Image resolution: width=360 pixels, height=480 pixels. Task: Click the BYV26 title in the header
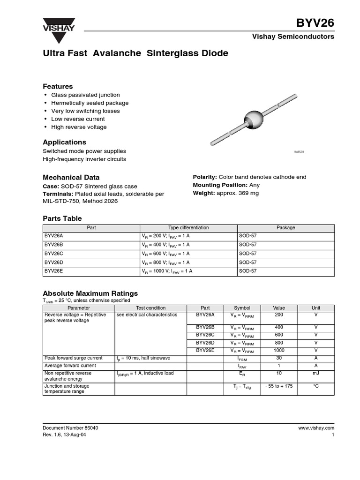[x=315, y=23]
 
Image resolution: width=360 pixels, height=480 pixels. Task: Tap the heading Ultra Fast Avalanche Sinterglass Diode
[x=135, y=53]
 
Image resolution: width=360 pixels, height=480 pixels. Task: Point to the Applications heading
[x=65, y=142]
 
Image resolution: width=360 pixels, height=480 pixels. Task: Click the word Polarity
[x=204, y=177]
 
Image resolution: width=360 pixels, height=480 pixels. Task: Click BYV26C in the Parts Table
[x=53, y=254]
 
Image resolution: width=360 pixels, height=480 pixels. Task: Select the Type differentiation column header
[x=188, y=228]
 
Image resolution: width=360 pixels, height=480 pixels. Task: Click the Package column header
[x=285, y=228]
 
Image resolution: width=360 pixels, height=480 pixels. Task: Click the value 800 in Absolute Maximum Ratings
[x=279, y=343]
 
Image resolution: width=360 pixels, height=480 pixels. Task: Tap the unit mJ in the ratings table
[x=316, y=374]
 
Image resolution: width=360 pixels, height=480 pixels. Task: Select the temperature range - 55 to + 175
[x=279, y=386]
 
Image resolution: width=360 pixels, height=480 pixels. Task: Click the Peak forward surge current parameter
[x=73, y=358]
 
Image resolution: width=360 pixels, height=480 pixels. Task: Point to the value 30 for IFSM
[x=279, y=358]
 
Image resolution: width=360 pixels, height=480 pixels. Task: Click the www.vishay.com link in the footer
[x=316, y=428]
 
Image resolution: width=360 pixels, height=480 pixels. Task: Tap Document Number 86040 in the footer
[x=70, y=428]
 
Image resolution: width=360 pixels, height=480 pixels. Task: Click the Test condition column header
[x=151, y=308]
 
